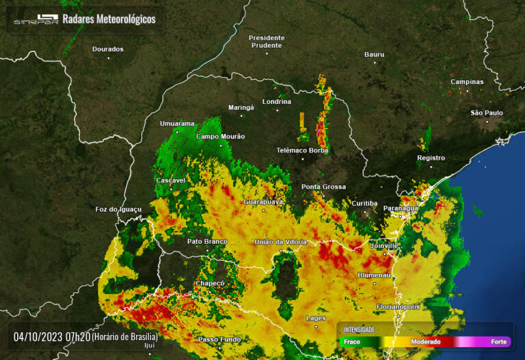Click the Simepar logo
36,20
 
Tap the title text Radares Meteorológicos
109,19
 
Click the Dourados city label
108,49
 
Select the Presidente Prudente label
265,41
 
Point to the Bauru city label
374,54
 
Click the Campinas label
467,82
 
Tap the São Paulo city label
487,113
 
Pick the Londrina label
276,101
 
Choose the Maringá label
241,107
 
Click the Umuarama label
177,124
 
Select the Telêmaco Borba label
302,150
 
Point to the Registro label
431,158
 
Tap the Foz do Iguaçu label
118,209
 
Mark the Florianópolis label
398,307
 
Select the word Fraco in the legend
351,342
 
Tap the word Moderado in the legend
425,342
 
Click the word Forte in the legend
499,342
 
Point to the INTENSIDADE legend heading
359,329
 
